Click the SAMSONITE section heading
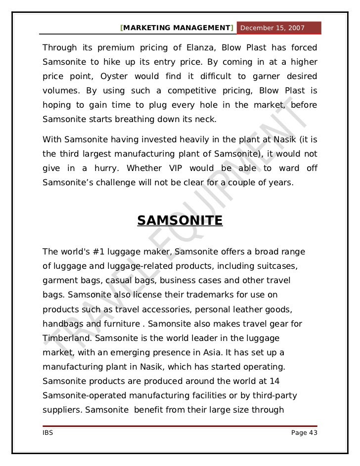click(180, 220)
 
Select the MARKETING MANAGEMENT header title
click(177, 28)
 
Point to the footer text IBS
click(48, 433)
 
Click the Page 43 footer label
click(304, 433)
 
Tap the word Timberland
click(66, 338)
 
